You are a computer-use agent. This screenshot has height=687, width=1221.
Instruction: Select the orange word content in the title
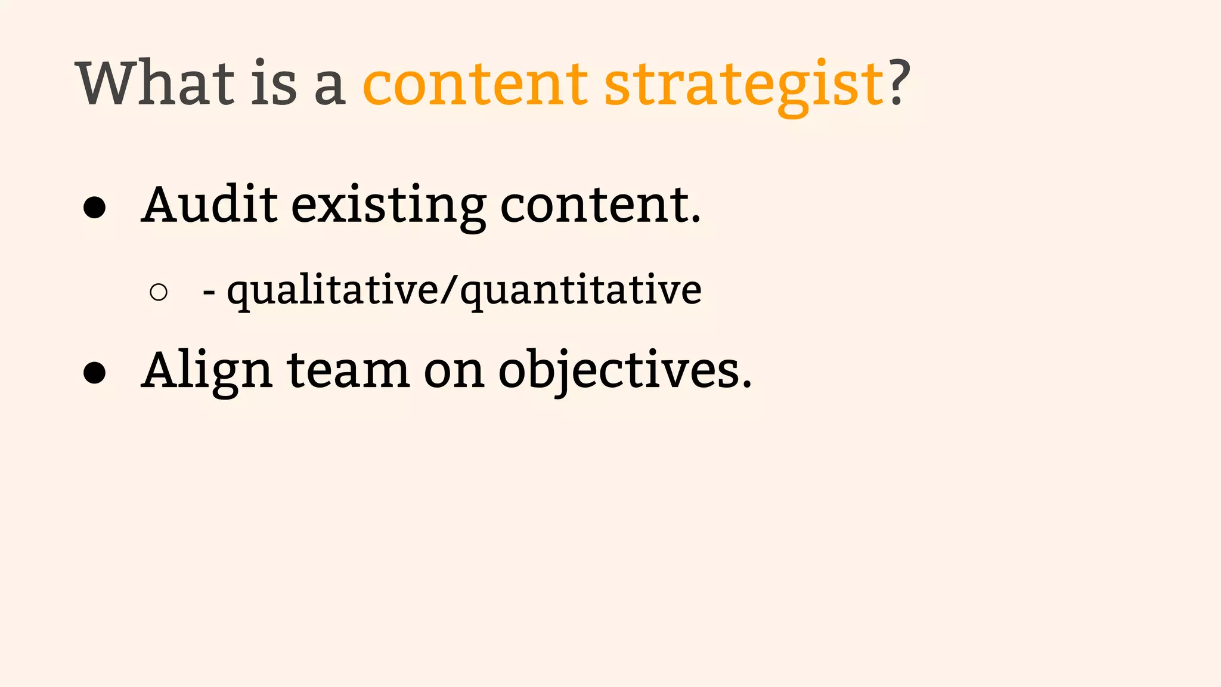(475, 85)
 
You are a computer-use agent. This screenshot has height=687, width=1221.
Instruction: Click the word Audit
(209, 205)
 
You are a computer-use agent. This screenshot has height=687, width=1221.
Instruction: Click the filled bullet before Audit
(95, 208)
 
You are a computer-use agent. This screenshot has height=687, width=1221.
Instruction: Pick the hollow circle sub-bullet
(159, 292)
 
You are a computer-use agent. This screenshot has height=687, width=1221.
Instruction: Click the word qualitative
(333, 291)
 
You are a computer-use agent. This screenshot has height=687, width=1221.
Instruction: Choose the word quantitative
(581, 291)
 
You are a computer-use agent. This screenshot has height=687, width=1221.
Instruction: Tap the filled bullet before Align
(95, 373)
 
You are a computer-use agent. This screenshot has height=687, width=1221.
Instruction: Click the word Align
(207, 371)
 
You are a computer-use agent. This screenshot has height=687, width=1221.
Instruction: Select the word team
(348, 371)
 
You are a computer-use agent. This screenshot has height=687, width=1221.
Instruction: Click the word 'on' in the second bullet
(454, 373)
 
